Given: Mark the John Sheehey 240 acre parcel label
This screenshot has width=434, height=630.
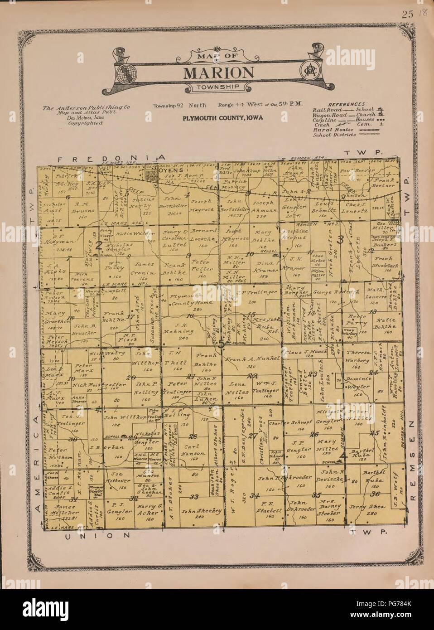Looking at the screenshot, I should click(201, 511).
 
